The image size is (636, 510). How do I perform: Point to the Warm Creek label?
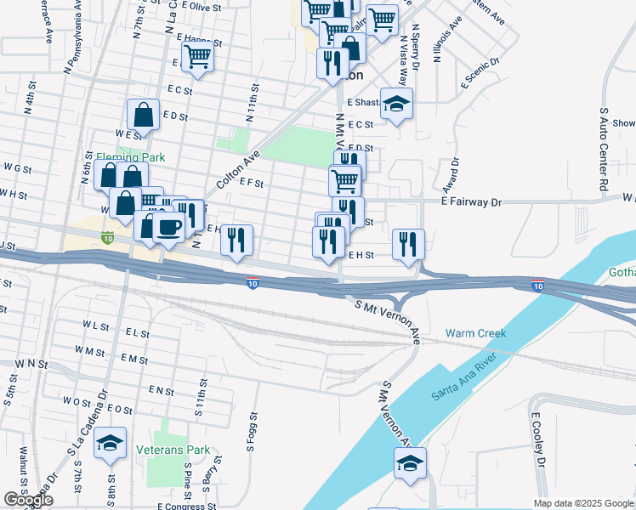pyautogui.click(x=475, y=333)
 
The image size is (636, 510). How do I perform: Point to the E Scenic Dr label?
pyautogui.click(x=481, y=74)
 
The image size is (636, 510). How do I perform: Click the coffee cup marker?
pyautogui.click(x=168, y=227)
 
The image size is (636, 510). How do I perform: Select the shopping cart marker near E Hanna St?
pyautogui.click(x=197, y=57)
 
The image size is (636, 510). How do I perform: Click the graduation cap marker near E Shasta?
pyautogui.click(x=396, y=103)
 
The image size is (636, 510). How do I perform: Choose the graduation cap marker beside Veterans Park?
pyautogui.click(x=110, y=442)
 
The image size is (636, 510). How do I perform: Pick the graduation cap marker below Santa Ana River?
pyautogui.click(x=410, y=462)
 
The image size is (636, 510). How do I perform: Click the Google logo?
pyautogui.click(x=27, y=500)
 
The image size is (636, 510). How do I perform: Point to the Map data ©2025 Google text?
pyautogui.click(x=582, y=503)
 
